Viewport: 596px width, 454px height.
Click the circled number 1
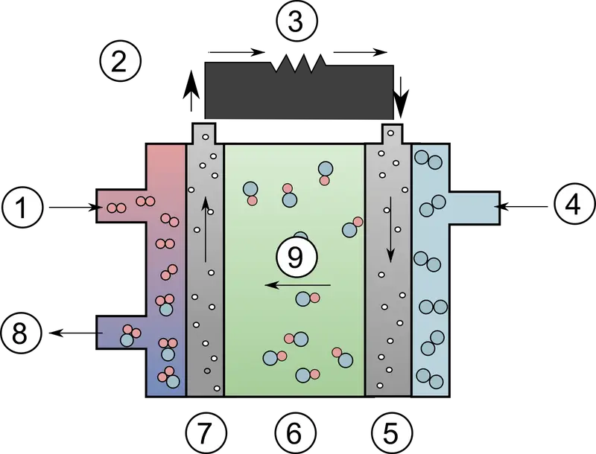pyautogui.click(x=21, y=207)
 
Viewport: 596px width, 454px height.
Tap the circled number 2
pyautogui.click(x=120, y=61)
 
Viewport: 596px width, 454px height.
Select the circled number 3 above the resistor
pyautogui.click(x=296, y=22)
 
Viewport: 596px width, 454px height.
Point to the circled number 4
pyautogui.click(x=573, y=206)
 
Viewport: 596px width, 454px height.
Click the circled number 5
pyautogui.click(x=391, y=432)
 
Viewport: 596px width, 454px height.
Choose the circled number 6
pyautogui.click(x=295, y=432)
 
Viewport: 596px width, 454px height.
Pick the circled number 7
pyautogui.click(x=206, y=432)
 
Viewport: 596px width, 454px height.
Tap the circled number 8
pyautogui.click(x=20, y=334)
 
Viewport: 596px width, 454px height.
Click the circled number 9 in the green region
pyautogui.click(x=296, y=258)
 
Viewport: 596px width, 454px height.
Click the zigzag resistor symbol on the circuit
pyautogui.click(x=299, y=63)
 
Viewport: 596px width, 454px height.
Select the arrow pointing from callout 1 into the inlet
pyautogui.click(x=76, y=207)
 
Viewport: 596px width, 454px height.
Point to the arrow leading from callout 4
pyautogui.click(x=521, y=206)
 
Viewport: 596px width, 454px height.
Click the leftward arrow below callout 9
pyautogui.click(x=297, y=285)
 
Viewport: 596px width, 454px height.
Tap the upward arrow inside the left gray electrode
pyautogui.click(x=206, y=229)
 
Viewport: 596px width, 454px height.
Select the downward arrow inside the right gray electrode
pyautogui.click(x=390, y=229)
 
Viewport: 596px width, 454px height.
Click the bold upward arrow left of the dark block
pyautogui.click(x=191, y=91)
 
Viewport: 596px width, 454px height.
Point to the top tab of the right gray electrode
pyautogui.click(x=392, y=134)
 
